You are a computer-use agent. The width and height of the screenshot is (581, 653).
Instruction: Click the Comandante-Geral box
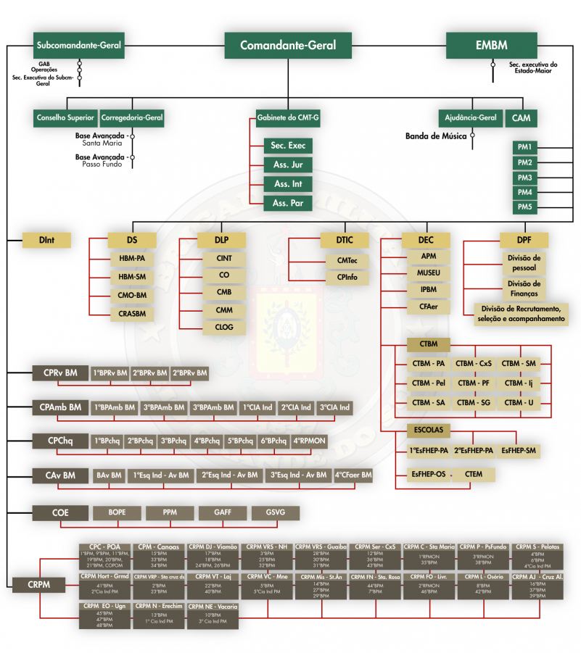coord(288,45)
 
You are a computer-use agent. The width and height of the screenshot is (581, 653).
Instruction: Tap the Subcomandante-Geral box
coord(79,46)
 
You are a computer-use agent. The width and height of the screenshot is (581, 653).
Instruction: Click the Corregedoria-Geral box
coord(132,117)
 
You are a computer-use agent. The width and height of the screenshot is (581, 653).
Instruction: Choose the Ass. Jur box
coord(288,165)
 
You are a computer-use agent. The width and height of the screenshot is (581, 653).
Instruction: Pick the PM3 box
coord(525,178)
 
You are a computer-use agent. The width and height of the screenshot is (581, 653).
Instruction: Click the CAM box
coord(522,117)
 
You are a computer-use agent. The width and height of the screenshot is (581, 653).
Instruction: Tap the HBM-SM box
coord(132,276)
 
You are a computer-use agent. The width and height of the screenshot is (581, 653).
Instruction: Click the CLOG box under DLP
coord(224,328)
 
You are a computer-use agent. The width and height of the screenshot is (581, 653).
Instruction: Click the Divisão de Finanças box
coord(523,288)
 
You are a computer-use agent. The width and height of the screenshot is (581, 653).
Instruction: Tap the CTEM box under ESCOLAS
coord(474,474)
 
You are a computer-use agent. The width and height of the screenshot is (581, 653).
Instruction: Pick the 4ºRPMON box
coord(310,441)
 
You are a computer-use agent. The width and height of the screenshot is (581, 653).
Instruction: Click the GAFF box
coord(223,512)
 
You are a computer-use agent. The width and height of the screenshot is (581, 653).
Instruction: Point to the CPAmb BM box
coord(60,407)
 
